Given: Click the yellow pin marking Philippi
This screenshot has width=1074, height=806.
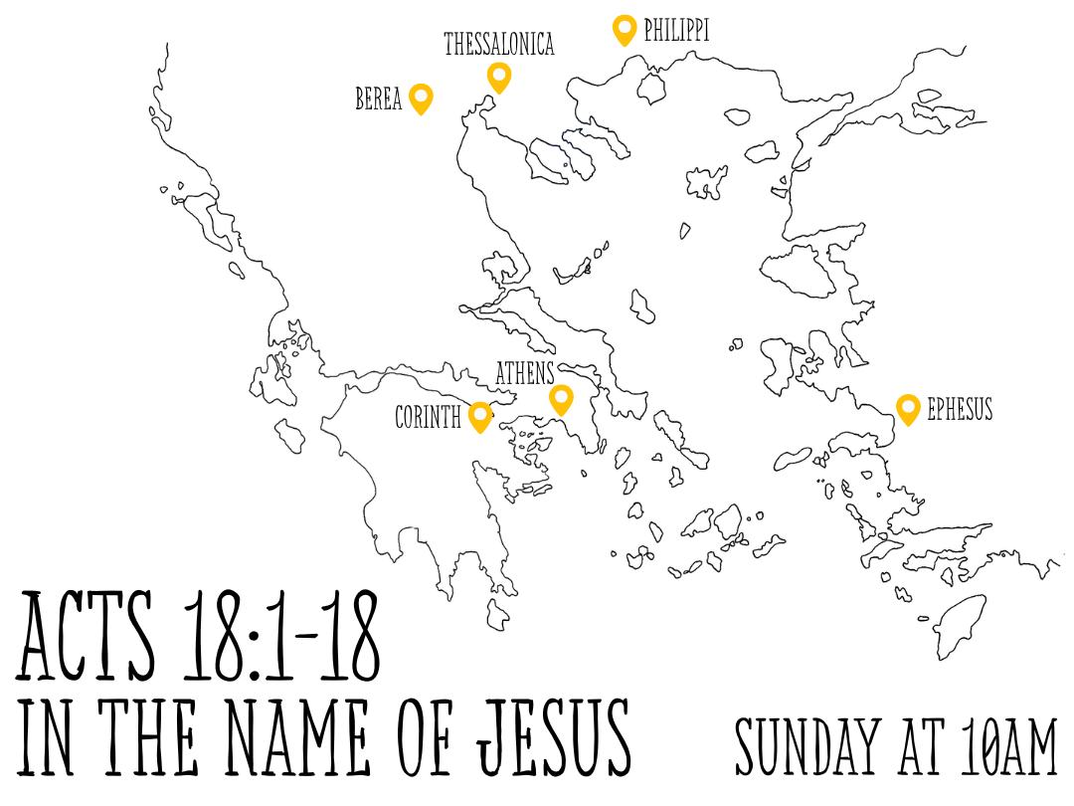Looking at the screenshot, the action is coord(624,29).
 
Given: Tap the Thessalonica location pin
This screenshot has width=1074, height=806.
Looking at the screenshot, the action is coord(499,76).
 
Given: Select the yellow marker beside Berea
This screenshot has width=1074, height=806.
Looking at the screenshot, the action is coord(422,98).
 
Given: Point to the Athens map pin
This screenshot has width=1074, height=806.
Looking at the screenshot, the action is coord(562,398).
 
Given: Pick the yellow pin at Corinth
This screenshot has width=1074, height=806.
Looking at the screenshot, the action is coord(481,416).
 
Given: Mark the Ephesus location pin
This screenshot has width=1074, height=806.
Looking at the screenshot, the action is coord(907,408).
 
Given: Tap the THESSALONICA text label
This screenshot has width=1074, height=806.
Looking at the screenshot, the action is coord(498,45).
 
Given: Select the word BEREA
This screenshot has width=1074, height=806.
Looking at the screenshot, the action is coord(379,100).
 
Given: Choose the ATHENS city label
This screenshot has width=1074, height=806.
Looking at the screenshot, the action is coord(525,373).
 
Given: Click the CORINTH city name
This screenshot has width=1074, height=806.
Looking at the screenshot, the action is coord(429,417).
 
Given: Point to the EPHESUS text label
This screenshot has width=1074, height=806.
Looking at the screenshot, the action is coord(960,409).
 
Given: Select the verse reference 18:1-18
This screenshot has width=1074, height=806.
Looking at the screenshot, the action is coord(280,638).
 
